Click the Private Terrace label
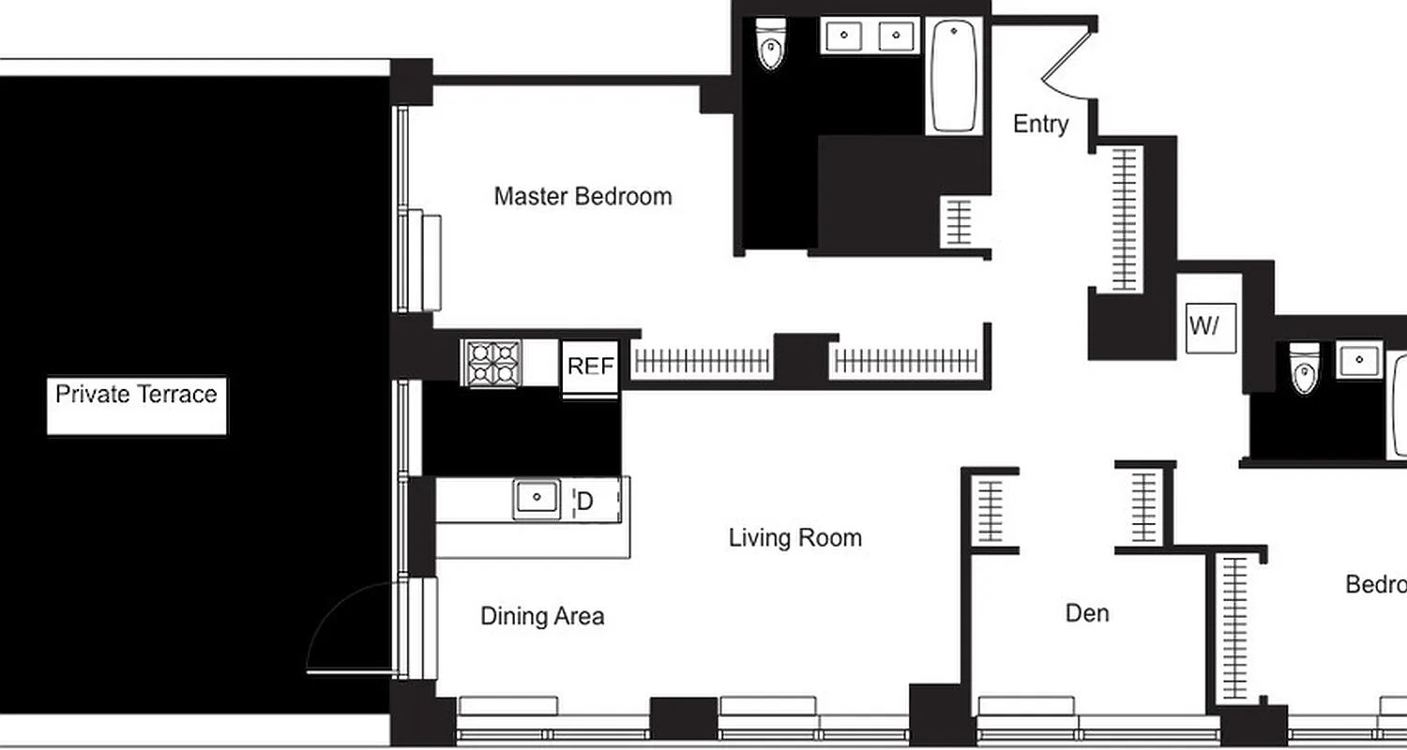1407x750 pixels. [136, 395]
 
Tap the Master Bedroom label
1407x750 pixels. [582, 197]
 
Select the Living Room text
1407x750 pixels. [794, 538]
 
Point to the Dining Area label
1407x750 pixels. [542, 616]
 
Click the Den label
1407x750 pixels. [1087, 613]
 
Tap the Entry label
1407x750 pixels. [1040, 125]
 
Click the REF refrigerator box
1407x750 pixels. [590, 367]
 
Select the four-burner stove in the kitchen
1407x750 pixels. [492, 362]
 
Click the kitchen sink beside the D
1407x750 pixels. [536, 499]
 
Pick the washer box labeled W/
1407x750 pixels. [1204, 327]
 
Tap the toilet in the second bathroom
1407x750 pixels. [1304, 367]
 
